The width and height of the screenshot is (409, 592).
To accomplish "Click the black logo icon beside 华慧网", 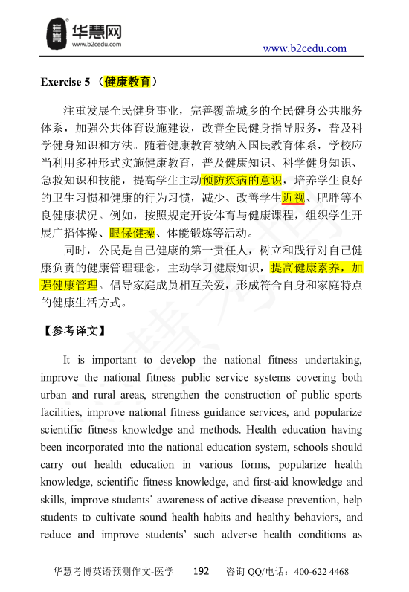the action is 57,31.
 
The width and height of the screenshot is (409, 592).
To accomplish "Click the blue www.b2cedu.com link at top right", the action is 305,49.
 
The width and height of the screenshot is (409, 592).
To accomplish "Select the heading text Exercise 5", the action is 65,81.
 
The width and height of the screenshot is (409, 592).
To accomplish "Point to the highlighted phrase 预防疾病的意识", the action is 242,180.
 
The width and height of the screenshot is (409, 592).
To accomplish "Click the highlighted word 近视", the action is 293,199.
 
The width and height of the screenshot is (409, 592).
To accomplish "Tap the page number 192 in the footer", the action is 201,572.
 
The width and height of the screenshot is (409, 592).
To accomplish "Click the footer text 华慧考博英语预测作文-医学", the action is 114,572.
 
